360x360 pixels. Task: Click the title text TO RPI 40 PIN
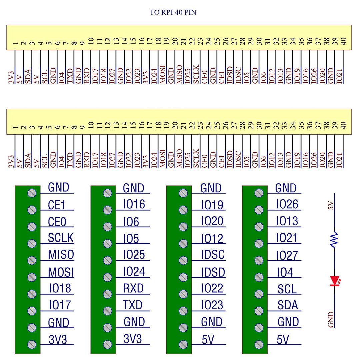coord(173,13)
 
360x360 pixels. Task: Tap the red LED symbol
coord(334,281)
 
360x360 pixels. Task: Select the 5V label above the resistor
coord(331,206)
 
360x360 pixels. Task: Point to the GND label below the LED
coord(331,319)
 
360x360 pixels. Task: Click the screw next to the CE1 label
coord(32,210)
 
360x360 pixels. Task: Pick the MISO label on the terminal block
coord(61,255)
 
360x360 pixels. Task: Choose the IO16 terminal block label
coord(134,204)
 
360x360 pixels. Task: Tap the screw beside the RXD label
coord(107,294)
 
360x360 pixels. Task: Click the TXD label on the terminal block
coord(133,305)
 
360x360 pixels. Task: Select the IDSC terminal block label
coord(213,255)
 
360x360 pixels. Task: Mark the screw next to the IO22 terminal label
coord(183,294)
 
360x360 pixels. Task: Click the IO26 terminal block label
coord(287,204)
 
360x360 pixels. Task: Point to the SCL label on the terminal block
coord(287,289)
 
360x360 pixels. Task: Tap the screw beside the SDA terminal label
coord(259,311)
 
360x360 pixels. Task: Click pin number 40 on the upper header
coord(344,41)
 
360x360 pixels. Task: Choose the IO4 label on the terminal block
coord(285,272)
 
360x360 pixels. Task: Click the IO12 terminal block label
coord(212,239)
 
